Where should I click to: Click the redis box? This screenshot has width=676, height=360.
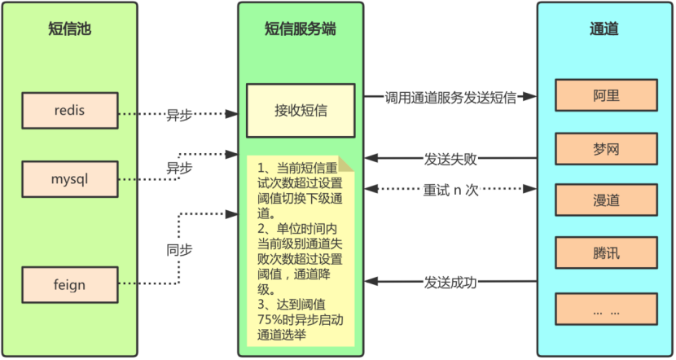click(70, 111)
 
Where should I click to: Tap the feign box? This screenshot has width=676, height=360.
click(70, 285)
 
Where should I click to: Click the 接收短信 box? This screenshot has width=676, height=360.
click(301, 110)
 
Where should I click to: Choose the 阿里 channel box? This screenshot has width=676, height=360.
click(607, 96)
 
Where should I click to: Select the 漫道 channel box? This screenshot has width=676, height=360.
click(607, 200)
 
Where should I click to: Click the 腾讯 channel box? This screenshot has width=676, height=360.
click(607, 253)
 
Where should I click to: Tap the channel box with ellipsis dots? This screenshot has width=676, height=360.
click(607, 310)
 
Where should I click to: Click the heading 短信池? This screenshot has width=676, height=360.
click(70, 30)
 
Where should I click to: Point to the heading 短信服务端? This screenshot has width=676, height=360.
click(301, 30)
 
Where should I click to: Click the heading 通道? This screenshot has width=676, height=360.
click(604, 30)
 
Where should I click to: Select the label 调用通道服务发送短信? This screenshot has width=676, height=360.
click(450, 97)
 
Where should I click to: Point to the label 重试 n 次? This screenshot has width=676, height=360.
click(450, 190)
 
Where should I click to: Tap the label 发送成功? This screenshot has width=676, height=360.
click(450, 283)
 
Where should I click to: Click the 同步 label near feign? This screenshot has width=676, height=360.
click(179, 250)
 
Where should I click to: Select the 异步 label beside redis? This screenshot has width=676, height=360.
click(179, 116)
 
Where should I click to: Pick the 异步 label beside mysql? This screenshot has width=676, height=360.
click(179, 168)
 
